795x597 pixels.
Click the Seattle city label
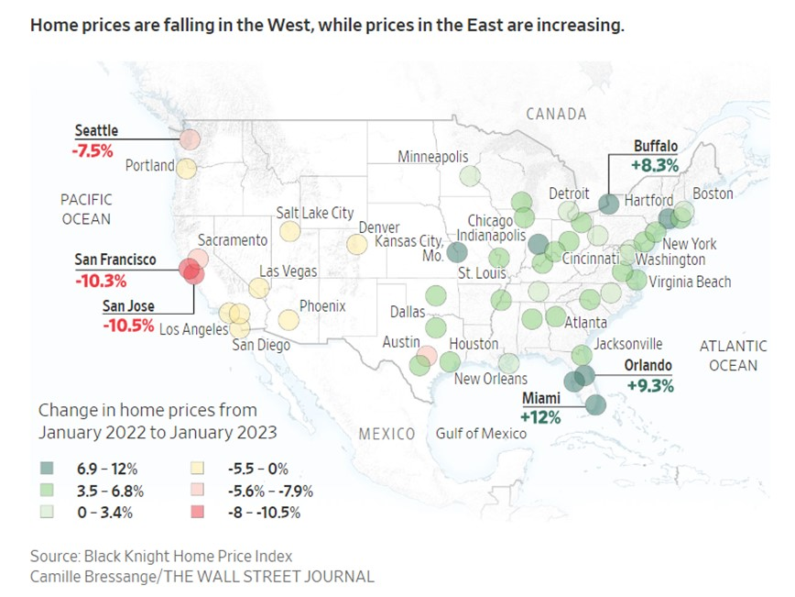(x=96, y=131)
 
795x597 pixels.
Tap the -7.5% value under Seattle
(x=93, y=150)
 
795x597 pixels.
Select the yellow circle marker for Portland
(x=187, y=168)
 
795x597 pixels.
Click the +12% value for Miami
(x=540, y=416)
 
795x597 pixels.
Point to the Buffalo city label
(x=656, y=146)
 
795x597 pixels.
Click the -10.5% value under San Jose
(x=128, y=324)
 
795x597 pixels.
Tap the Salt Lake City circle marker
(x=289, y=231)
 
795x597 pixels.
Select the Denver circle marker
(x=357, y=244)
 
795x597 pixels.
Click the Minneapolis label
(x=433, y=158)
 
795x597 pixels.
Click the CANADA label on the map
(x=556, y=114)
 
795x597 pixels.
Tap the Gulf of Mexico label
(x=482, y=433)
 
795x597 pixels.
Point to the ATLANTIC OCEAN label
(x=733, y=356)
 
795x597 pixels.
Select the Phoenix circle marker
(x=289, y=320)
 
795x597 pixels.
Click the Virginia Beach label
(x=690, y=282)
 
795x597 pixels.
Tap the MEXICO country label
(x=387, y=433)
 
